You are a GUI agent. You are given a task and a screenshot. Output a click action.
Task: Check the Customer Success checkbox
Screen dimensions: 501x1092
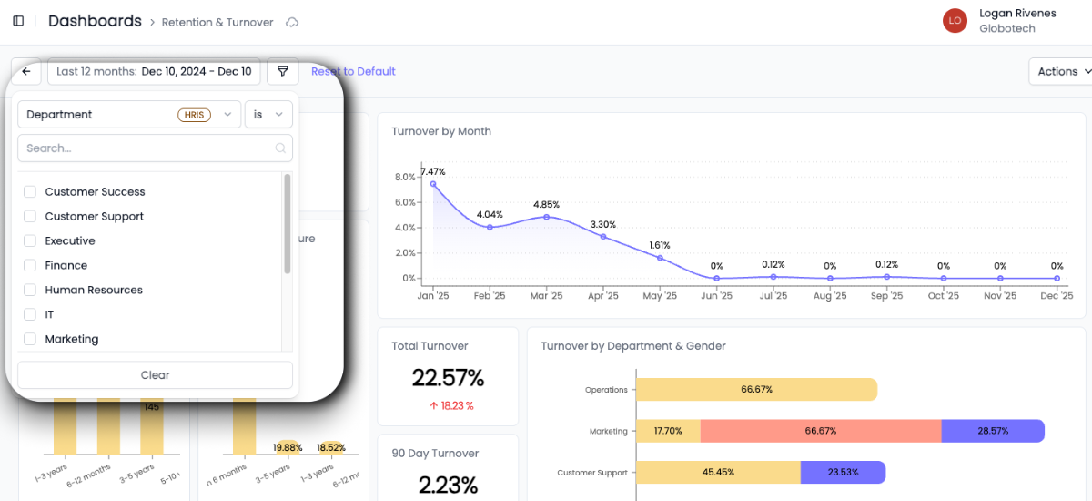pyautogui.click(x=30, y=192)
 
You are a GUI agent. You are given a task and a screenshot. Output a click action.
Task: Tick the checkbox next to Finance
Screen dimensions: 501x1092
pyautogui.click(x=30, y=266)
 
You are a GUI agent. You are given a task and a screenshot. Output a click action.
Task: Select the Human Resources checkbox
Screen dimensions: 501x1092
pyautogui.click(x=30, y=291)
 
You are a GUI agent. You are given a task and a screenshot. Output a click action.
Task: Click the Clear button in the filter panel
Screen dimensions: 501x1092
pyautogui.click(x=155, y=375)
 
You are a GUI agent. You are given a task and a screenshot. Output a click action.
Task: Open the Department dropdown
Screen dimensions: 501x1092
pyautogui.click(x=128, y=115)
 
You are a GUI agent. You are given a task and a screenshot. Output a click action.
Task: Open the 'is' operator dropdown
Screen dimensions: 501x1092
pyautogui.click(x=268, y=115)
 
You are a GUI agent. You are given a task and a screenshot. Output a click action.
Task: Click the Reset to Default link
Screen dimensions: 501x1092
pyautogui.click(x=353, y=72)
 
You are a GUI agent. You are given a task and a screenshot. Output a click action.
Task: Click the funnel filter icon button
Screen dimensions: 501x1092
pyautogui.click(x=283, y=72)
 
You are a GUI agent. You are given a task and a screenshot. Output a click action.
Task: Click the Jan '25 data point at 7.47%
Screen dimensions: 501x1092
pyautogui.click(x=433, y=184)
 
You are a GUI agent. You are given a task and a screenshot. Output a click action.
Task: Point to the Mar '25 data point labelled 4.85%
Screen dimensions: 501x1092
pyautogui.click(x=546, y=217)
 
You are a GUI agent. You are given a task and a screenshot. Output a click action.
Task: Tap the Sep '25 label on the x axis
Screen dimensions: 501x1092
pyautogui.click(x=886, y=296)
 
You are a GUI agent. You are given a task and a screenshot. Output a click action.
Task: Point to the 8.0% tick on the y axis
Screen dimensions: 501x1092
pyautogui.click(x=404, y=178)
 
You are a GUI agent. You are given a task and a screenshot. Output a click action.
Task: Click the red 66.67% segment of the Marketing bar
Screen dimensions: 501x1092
pyautogui.click(x=820, y=431)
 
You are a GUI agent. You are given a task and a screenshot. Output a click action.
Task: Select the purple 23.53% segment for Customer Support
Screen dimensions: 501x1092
pyautogui.click(x=843, y=473)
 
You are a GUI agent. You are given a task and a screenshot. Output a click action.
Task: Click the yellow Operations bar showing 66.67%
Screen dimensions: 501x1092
pyautogui.click(x=756, y=390)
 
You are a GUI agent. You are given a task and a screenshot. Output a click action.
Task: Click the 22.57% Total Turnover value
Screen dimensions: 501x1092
pyautogui.click(x=448, y=378)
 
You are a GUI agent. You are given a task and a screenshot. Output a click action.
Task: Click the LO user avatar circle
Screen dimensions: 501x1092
pyautogui.click(x=955, y=20)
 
